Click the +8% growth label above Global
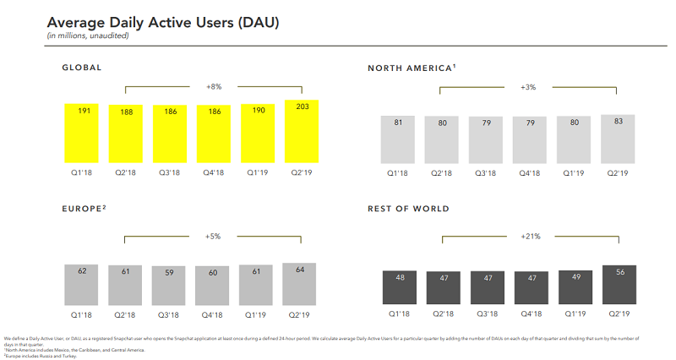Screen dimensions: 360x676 214,86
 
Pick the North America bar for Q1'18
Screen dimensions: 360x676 398,139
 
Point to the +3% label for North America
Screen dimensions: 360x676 529,86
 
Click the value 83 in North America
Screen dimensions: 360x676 618,121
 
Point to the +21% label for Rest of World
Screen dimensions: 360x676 529,236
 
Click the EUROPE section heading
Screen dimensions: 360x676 84,207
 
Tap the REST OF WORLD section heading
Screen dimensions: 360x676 408,208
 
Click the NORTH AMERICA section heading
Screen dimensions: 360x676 412,67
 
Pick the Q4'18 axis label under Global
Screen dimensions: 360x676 214,172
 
